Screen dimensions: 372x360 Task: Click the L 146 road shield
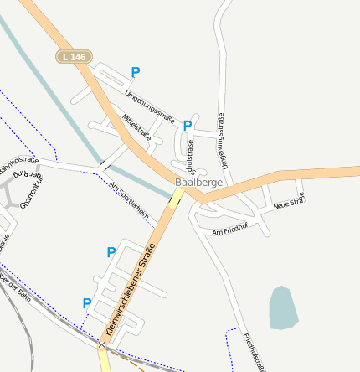point(75,56)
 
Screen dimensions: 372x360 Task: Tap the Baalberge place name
point(192,182)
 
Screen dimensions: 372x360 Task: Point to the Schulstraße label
point(188,154)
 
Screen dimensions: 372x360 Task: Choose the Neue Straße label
point(289,201)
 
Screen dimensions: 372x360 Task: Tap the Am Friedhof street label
point(230,227)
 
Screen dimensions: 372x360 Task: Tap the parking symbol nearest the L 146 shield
point(136,73)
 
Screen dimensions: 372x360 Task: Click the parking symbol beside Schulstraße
point(188,126)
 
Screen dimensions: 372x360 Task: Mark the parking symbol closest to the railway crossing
point(86,303)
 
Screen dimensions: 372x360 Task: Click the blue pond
point(283,307)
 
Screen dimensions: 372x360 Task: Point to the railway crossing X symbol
point(102,344)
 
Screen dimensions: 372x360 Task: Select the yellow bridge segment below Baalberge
point(176,198)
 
